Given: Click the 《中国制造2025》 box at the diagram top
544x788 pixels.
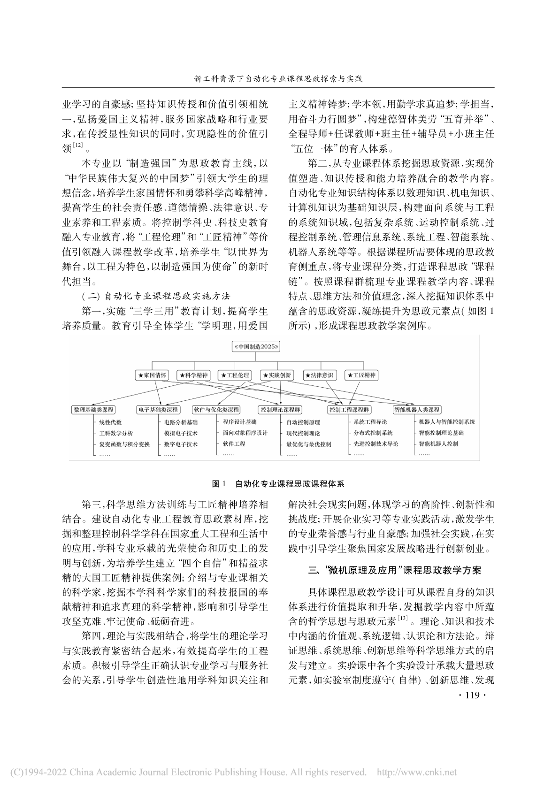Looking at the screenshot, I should [256, 347].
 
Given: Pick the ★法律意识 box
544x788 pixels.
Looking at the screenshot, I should [319, 375].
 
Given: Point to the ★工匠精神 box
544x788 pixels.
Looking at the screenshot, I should [361, 375].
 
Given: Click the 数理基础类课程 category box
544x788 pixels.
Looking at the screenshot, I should [93, 410].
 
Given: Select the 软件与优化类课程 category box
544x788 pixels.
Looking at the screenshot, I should [216, 410].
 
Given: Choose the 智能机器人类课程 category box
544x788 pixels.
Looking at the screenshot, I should [417, 410].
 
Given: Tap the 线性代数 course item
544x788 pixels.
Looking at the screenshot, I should [110, 422].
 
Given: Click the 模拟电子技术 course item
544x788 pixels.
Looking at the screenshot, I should [181, 433].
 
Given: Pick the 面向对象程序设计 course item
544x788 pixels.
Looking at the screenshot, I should [245, 433].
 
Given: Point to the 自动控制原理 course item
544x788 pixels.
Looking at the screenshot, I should [303, 422].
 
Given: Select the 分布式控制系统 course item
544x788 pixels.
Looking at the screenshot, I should [373, 433].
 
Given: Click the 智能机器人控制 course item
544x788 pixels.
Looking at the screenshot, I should [438, 444].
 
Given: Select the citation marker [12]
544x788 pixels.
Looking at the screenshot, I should [78, 145].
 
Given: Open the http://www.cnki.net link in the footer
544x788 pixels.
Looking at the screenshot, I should [417, 772].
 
